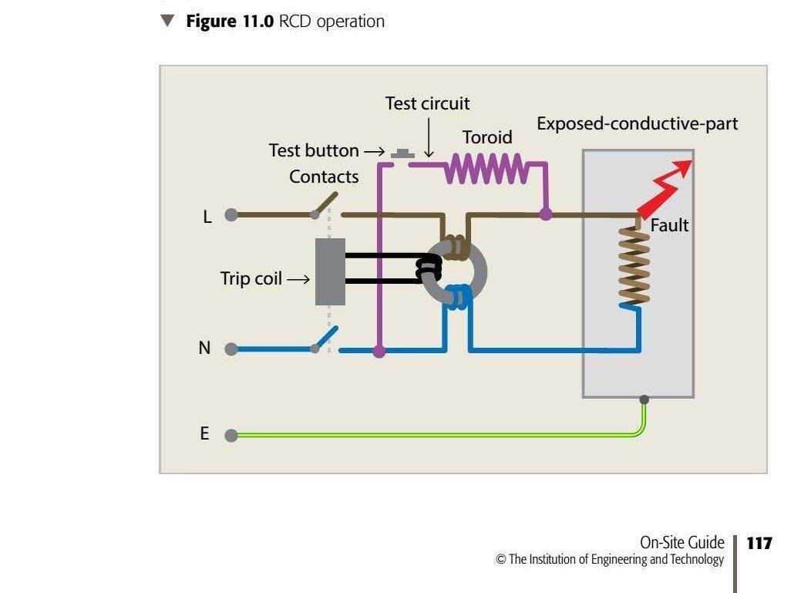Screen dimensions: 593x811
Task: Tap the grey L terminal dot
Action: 231,215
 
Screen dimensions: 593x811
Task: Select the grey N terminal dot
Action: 231,349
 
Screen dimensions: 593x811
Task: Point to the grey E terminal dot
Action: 231,436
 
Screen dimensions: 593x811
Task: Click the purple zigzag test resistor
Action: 486,168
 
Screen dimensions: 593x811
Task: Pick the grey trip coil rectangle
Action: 330,271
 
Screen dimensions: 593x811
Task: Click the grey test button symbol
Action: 402,155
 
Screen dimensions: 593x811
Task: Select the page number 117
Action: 759,544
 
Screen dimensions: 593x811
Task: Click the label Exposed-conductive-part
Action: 637,123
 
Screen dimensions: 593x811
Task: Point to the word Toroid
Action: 486,137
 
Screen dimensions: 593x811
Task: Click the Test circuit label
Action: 427,103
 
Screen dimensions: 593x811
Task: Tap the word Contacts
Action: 324,177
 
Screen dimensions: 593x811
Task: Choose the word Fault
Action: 669,226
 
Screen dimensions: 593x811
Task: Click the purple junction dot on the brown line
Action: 546,214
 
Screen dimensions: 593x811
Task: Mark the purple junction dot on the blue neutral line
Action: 379,351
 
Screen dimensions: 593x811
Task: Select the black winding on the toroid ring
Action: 428,268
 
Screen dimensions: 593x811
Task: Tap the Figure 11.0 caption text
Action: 284,22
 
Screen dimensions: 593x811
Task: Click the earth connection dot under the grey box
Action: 644,399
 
